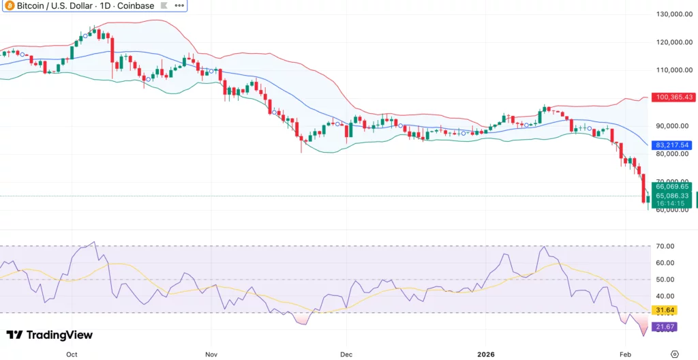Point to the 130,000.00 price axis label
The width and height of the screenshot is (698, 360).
coord(675,14)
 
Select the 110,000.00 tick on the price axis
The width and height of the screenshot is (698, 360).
coord(675,70)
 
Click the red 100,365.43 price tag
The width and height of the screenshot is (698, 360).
coord(673,97)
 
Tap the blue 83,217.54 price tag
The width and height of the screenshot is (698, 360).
coord(673,145)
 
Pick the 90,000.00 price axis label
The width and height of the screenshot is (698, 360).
coord(674,126)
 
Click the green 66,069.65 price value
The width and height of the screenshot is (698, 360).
coord(673,186)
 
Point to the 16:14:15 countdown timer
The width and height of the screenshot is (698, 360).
coord(673,203)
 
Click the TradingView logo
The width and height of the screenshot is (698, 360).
coord(49,335)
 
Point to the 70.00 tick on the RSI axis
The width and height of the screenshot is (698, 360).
coord(665,246)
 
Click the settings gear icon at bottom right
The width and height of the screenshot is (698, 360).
coord(674,354)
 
